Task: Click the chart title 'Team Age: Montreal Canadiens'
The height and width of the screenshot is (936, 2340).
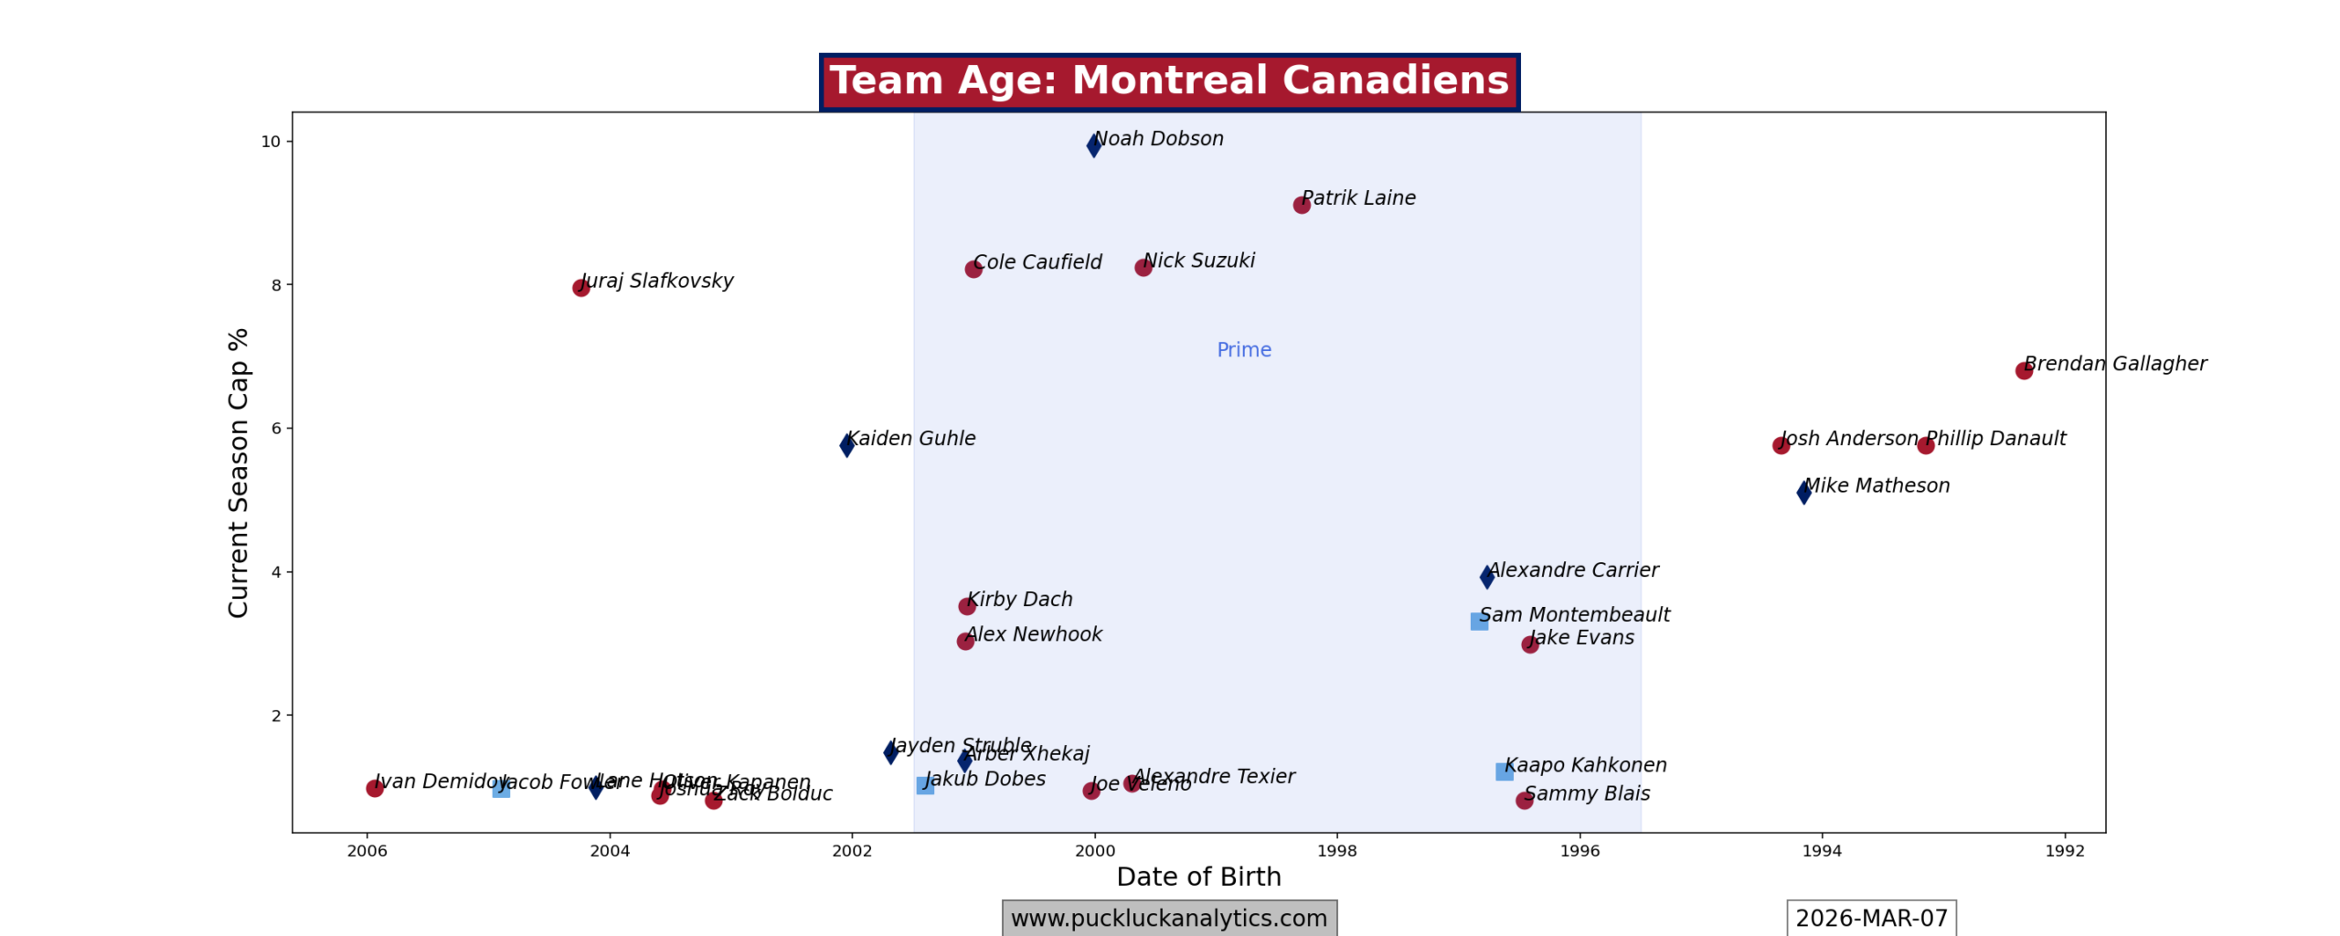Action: pos(1168,81)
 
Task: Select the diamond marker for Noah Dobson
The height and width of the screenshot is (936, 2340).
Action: pos(1094,145)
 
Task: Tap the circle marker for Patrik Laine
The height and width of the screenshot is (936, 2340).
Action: pos(1302,205)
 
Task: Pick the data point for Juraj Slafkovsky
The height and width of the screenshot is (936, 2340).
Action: pos(581,288)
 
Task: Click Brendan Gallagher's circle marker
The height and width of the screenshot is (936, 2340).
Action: pos(2024,370)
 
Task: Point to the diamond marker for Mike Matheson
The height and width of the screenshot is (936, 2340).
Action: pos(1803,492)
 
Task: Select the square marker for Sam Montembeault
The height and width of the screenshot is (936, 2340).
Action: pos(1479,622)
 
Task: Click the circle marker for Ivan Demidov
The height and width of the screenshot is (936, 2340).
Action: pos(375,788)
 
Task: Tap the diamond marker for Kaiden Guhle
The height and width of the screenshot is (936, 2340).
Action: pos(847,445)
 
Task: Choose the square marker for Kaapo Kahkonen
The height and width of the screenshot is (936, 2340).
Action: pos(1504,771)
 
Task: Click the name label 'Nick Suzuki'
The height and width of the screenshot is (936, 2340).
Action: pos(1198,261)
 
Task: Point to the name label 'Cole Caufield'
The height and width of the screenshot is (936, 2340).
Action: pos(1037,262)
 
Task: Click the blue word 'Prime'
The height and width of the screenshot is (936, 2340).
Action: pos(1243,350)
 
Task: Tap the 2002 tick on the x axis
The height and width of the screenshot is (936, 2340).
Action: pos(852,851)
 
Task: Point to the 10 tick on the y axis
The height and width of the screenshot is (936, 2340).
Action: pos(271,142)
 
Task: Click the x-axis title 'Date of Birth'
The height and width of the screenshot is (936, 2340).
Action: pos(1198,877)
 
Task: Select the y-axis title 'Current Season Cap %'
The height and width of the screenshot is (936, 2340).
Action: pos(239,473)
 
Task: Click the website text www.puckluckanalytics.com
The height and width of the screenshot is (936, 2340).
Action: pos(1168,918)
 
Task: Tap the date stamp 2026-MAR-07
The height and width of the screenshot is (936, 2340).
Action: pos(1871,918)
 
